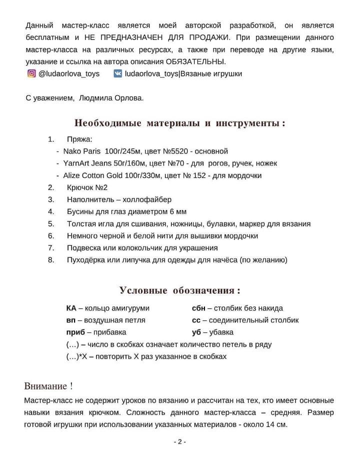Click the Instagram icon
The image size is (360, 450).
(31, 73)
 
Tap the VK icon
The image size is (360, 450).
(117, 73)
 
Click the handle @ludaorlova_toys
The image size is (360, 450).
(69, 73)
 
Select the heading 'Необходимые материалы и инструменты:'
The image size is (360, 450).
(180, 123)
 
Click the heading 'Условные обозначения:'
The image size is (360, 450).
(180, 290)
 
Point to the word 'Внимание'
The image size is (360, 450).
(45, 386)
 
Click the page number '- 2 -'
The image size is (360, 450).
(180, 441)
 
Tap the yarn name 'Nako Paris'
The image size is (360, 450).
(81, 151)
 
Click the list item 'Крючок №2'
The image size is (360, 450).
(87, 187)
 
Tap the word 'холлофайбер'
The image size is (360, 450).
(148, 199)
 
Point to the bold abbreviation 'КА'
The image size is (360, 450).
(71, 308)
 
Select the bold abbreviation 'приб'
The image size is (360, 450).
(74, 332)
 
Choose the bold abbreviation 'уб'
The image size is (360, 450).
(196, 332)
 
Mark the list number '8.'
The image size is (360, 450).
(51, 260)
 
